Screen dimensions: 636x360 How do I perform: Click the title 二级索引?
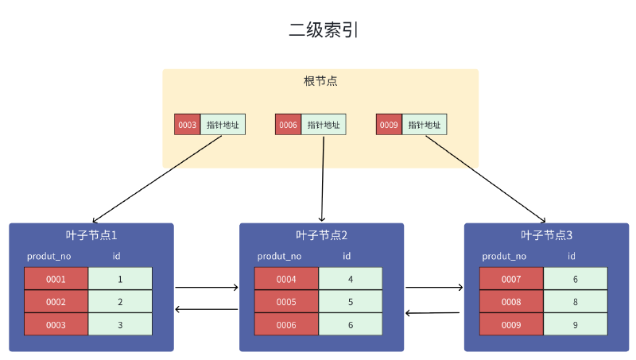324,30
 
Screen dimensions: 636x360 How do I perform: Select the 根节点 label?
320,81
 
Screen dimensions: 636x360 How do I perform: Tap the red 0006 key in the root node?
288,125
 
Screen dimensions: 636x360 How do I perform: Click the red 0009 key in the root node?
389,125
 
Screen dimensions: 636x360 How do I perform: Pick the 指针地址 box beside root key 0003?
223,125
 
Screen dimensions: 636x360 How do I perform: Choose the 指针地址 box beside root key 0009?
425,125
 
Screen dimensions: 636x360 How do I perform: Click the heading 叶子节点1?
91,235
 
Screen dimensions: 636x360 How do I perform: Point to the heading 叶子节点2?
322,235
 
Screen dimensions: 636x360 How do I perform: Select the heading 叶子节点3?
546,235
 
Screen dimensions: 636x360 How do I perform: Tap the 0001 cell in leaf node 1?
56,279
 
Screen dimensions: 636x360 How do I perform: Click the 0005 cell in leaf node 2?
286,302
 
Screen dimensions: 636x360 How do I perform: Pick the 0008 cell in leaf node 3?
511,302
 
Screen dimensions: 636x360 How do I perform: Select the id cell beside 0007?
575,279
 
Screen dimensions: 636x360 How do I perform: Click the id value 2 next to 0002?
120,302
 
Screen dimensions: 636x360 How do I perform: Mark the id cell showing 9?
575,325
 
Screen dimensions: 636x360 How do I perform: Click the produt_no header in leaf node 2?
279,256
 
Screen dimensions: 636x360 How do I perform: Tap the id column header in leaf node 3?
571,256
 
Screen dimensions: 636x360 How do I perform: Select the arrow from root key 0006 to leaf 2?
323,179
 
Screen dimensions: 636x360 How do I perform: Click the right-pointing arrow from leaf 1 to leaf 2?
207,288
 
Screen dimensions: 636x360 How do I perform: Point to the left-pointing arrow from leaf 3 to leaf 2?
432,313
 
